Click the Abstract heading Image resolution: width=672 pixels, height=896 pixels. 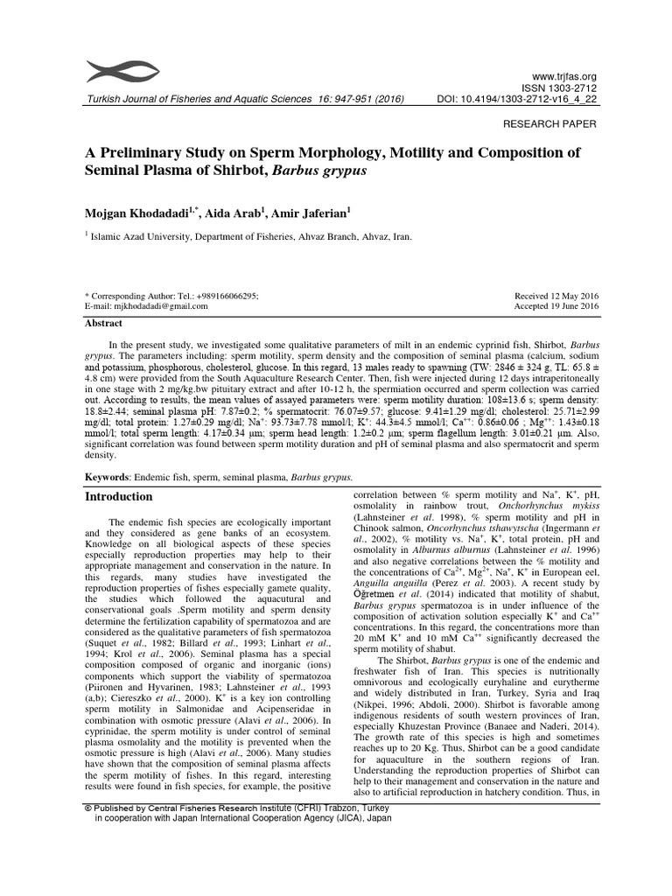(103, 323)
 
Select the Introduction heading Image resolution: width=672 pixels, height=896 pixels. (118, 496)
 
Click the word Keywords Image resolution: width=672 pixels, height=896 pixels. (106, 478)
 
